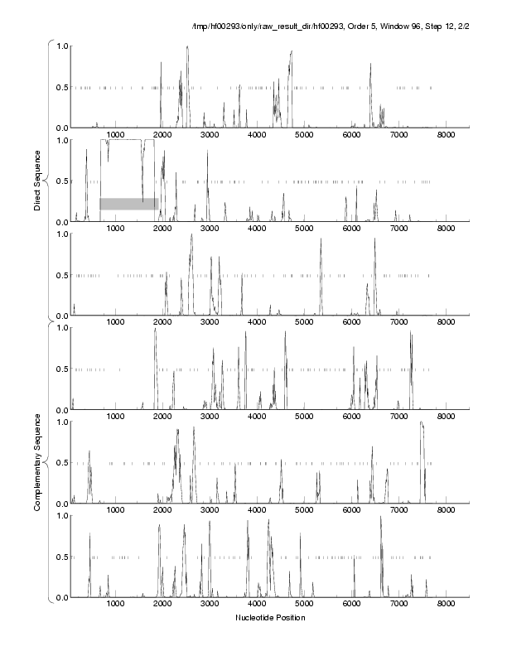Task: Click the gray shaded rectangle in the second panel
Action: click(x=129, y=204)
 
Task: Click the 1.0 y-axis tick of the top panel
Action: click(x=60, y=46)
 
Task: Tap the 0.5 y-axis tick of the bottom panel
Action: click(x=60, y=557)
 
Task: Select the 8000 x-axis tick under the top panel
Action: click(x=447, y=134)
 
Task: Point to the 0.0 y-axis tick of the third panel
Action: click(x=60, y=316)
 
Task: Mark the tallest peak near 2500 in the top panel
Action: click(x=187, y=47)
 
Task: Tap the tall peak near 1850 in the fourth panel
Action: click(x=155, y=330)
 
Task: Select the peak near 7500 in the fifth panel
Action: click(x=422, y=423)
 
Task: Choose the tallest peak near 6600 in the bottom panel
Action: click(x=381, y=518)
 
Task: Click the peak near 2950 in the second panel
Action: click(x=207, y=152)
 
